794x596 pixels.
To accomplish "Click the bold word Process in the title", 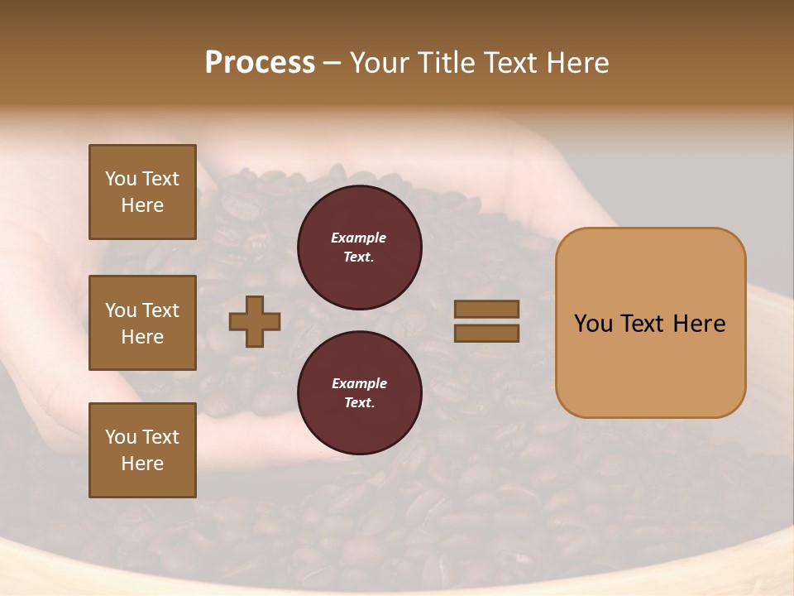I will click(x=260, y=63).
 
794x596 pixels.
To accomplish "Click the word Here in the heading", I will click(x=576, y=63).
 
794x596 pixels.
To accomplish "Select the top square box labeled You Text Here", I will click(x=142, y=192).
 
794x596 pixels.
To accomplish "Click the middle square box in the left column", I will click(x=142, y=323).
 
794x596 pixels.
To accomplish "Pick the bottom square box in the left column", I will click(x=142, y=450).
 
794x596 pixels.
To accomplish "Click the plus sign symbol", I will click(x=255, y=321).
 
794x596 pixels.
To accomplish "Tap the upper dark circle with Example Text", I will click(x=359, y=247).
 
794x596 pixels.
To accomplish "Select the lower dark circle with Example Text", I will click(x=359, y=392).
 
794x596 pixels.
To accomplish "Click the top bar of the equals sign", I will click(x=486, y=309).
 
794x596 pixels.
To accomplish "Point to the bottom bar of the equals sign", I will click(x=486, y=333).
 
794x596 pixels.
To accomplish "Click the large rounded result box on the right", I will click(x=650, y=323).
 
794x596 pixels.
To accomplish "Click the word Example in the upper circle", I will click(x=358, y=238).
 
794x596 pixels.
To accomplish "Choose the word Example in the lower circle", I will click(x=359, y=383).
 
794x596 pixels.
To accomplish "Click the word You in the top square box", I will click(x=121, y=179).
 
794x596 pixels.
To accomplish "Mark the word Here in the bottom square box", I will click(x=142, y=464).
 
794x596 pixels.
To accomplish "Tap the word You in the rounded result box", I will click(x=593, y=324).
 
